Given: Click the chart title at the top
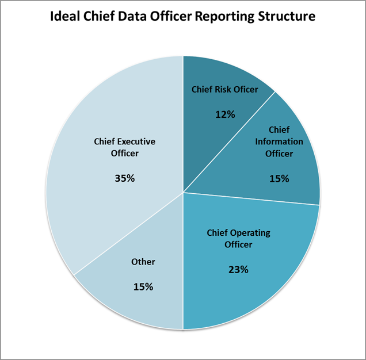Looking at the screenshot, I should coord(183,16).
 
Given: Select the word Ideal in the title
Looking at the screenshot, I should coord(63,16).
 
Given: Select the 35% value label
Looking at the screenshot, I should coord(125,178).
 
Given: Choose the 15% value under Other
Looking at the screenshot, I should coord(143,286).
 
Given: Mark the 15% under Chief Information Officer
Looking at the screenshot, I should coord(279,178).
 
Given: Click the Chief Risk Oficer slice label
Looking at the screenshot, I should coord(224,89).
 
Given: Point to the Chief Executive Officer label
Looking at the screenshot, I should coord(125,147).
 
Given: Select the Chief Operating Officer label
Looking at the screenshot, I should coord(238,238).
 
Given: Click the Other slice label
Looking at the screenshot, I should coord(143,262).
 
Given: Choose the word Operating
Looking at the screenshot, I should coord(250,232).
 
